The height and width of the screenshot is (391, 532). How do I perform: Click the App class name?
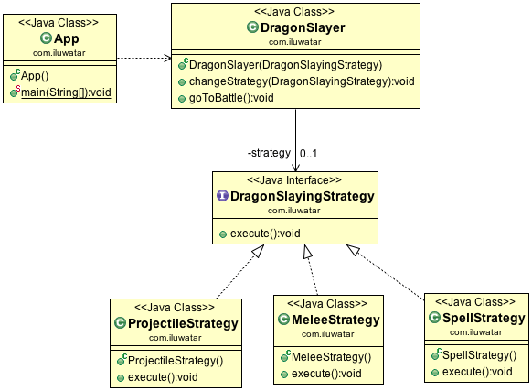[67, 38]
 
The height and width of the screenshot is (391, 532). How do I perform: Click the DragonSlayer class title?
[303, 28]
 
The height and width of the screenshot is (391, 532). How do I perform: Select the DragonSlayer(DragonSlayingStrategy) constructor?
[284, 65]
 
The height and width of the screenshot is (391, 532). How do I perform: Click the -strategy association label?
[269, 153]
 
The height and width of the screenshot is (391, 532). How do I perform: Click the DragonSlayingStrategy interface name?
[296, 196]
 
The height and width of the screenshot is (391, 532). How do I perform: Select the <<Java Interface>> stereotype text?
[291, 181]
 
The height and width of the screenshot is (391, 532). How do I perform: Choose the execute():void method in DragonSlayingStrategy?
[264, 233]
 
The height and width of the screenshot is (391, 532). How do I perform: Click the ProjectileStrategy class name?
[183, 323]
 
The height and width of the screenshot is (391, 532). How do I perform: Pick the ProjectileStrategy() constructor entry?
[176, 360]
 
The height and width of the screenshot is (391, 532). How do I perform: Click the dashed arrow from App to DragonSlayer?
[144, 59]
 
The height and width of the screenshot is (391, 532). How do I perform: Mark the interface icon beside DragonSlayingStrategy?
[222, 196]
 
